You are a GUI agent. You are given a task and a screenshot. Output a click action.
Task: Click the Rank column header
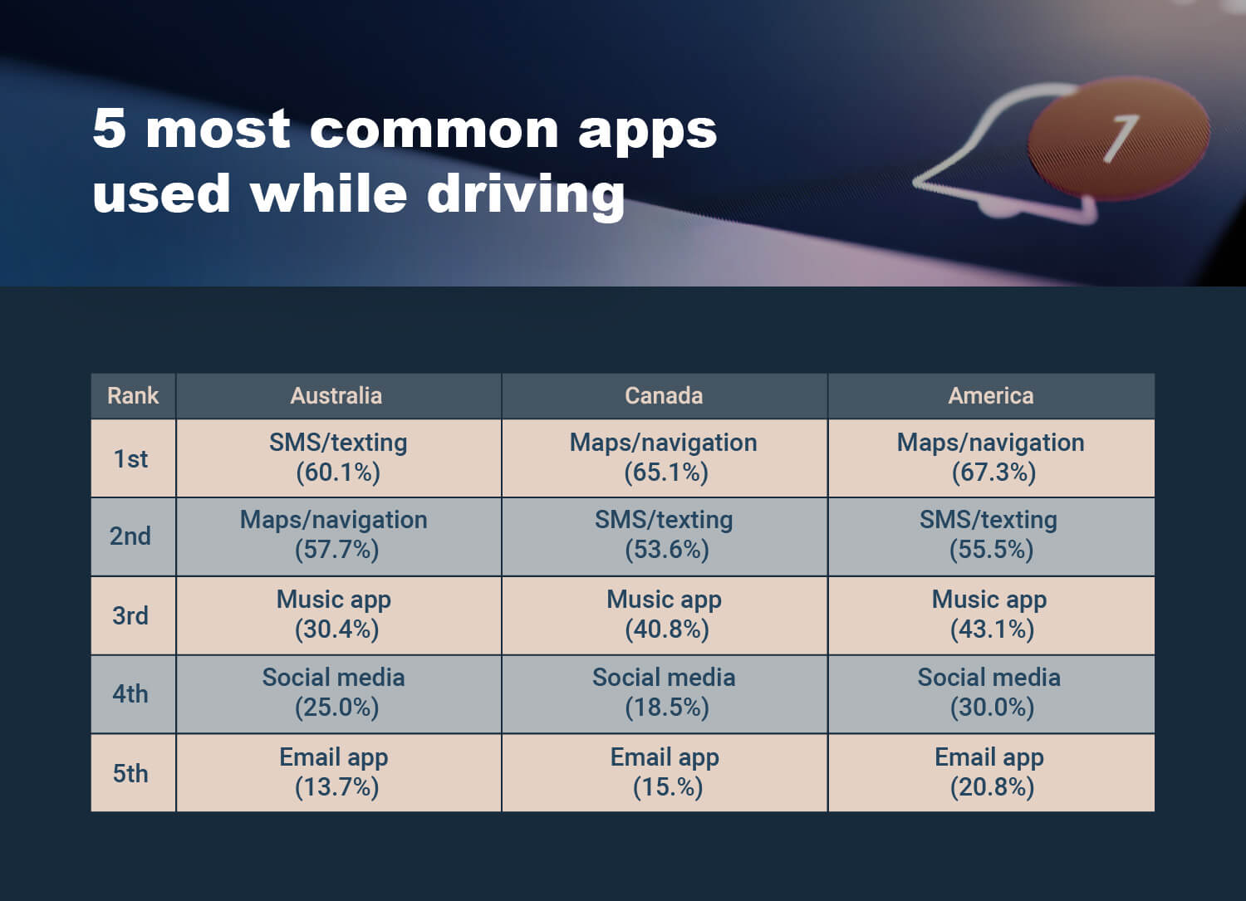pyautogui.click(x=133, y=396)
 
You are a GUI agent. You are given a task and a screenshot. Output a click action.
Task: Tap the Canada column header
pyautogui.click(x=665, y=396)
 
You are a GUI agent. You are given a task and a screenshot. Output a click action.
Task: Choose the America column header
pyautogui.click(x=991, y=396)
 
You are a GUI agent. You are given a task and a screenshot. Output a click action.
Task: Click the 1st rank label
pyautogui.click(x=130, y=459)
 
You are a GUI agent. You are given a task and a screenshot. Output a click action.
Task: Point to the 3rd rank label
pyautogui.click(x=130, y=615)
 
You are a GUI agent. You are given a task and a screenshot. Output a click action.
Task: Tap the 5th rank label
pyautogui.click(x=130, y=773)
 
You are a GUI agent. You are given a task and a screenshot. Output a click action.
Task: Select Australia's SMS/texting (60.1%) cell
pyautogui.click(x=339, y=458)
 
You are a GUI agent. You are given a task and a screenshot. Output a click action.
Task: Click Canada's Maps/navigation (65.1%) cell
pyautogui.click(x=665, y=458)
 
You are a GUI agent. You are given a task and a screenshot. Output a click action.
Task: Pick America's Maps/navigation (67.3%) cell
pyautogui.click(x=991, y=458)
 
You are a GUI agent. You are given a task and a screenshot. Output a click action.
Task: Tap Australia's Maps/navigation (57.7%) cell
pyautogui.click(x=339, y=536)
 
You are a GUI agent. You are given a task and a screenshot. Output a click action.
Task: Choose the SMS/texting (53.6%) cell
pyautogui.click(x=665, y=536)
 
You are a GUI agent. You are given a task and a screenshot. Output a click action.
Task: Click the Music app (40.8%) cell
pyautogui.click(x=665, y=615)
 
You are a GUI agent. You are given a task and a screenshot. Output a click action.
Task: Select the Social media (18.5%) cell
pyautogui.click(x=665, y=693)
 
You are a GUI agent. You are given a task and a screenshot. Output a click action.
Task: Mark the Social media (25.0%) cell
pyautogui.click(x=339, y=693)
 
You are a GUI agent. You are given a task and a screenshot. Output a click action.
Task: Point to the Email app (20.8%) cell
pyautogui.click(x=991, y=772)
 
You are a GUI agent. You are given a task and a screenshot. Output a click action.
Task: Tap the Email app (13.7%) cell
pyautogui.click(x=339, y=772)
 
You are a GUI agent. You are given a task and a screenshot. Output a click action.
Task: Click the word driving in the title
pyautogui.click(x=526, y=196)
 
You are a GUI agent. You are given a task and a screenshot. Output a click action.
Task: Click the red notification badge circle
pyautogui.click(x=1118, y=139)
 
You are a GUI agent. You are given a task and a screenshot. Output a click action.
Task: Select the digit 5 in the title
pyautogui.click(x=109, y=129)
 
